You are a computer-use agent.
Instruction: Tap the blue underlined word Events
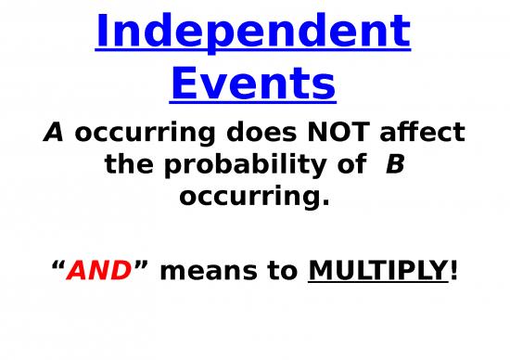click(x=253, y=84)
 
